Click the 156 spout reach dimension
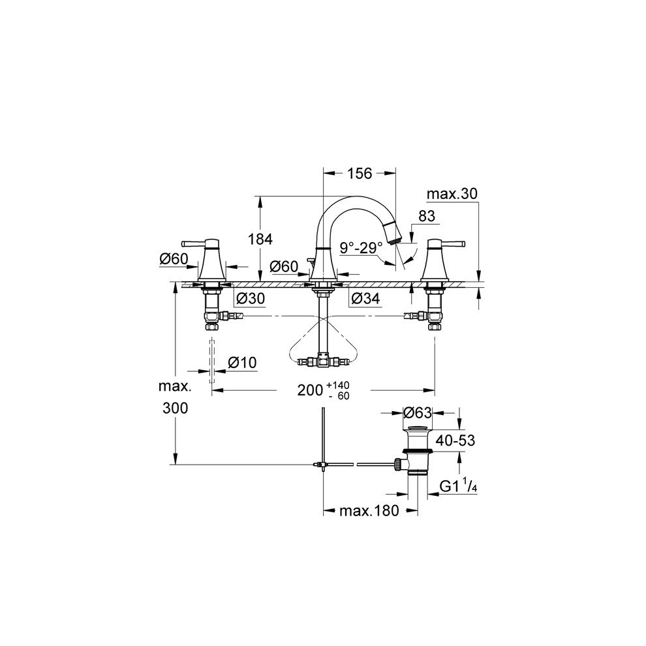coord(359,174)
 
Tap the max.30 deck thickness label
coord(452,194)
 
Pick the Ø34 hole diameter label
coord(364,298)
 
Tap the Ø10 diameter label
coord(242,362)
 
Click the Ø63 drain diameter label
coord(418,412)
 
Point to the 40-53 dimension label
coord(455,441)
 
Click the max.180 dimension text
coord(369,511)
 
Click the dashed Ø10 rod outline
coord(211,360)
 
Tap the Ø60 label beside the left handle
coord(173,259)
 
